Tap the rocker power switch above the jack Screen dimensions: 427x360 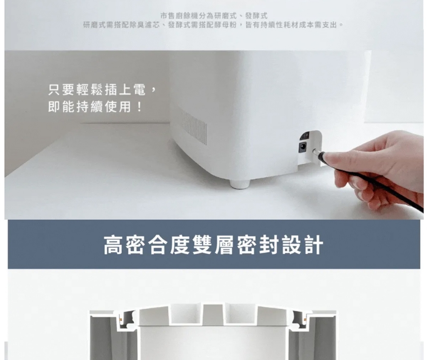[304, 136]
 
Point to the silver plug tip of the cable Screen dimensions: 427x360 [316, 151]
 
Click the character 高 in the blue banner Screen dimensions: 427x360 [114, 245]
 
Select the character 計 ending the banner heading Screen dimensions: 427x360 [313, 245]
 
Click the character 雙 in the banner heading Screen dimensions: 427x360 [202, 245]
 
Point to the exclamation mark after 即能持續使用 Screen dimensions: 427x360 [140, 106]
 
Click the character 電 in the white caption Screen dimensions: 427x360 [140, 90]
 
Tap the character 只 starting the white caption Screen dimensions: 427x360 [54, 90]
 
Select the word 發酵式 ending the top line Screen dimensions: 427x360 [257, 15]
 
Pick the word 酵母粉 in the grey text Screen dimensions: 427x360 [226, 25]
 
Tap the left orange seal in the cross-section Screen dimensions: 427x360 [120, 317]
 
